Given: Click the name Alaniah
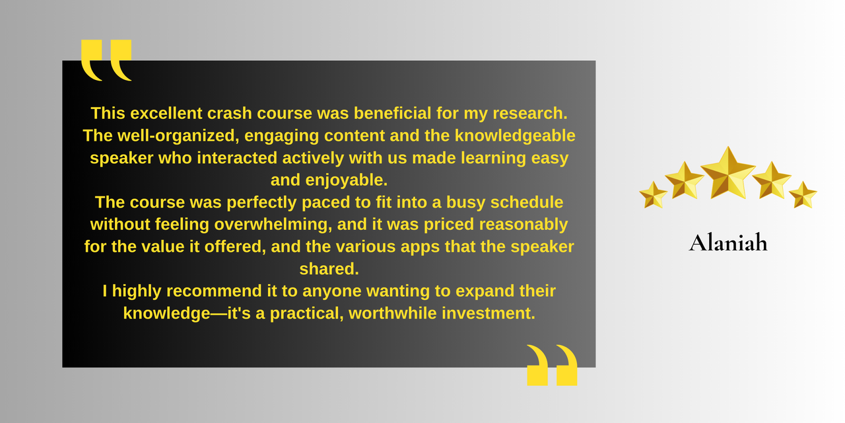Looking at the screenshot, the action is pyautogui.click(x=728, y=243).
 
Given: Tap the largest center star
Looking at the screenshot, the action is pyautogui.click(x=728, y=174).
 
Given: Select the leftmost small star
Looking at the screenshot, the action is pyautogui.click(x=653, y=195).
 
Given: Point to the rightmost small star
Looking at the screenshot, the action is pyautogui.click(x=803, y=195).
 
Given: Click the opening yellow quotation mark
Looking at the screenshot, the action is pyautogui.click(x=106, y=60).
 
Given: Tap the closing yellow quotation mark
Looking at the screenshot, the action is pyautogui.click(x=553, y=365).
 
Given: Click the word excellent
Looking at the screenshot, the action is pyautogui.click(x=166, y=113).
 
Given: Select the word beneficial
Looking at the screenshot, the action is pyautogui.click(x=393, y=113).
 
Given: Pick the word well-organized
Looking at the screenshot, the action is pyautogui.click(x=178, y=135).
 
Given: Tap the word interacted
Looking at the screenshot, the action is pyautogui.click(x=237, y=158).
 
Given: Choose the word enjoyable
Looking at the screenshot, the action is pyautogui.click(x=347, y=180).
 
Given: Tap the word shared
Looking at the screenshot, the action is pyautogui.click(x=329, y=269).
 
